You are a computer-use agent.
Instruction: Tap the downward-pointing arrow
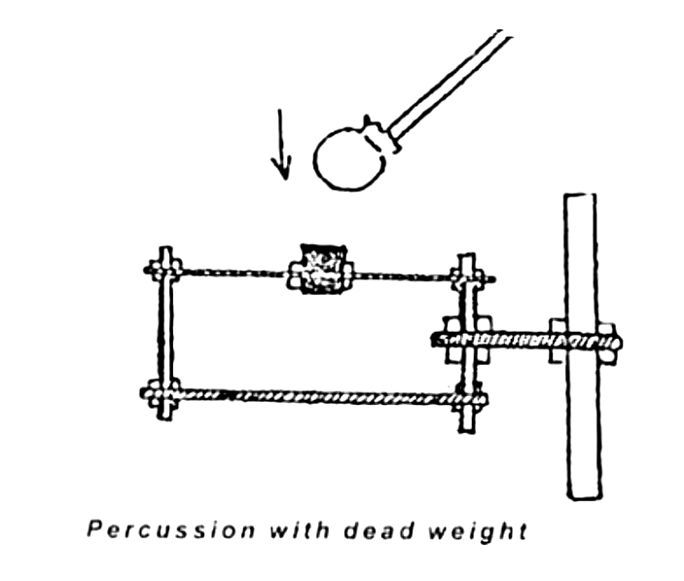[282, 146]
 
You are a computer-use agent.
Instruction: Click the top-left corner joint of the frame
[165, 267]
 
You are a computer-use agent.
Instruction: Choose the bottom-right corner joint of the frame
[469, 397]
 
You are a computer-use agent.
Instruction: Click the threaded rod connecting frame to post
[516, 341]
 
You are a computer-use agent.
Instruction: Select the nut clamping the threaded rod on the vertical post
[562, 340]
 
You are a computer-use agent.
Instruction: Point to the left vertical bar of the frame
[165, 331]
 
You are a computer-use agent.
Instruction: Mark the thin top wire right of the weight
[404, 277]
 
